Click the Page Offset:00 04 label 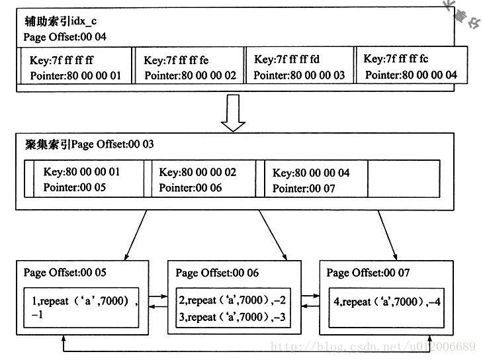pos(64,37)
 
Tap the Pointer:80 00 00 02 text pos(190,75)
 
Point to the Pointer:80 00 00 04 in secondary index pos(411,75)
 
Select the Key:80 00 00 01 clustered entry pos(82,172)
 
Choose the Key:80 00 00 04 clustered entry pos(311,173)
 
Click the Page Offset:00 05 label pos(65,273)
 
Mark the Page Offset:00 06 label pos(217,273)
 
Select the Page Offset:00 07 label pos(368,273)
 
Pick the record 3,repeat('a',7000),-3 pos(231,317)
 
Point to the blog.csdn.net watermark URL pos(374,346)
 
